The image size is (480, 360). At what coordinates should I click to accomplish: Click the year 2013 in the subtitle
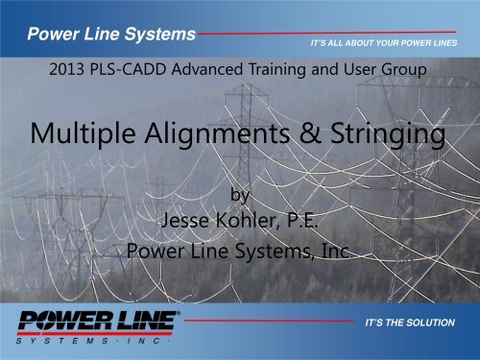65,70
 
